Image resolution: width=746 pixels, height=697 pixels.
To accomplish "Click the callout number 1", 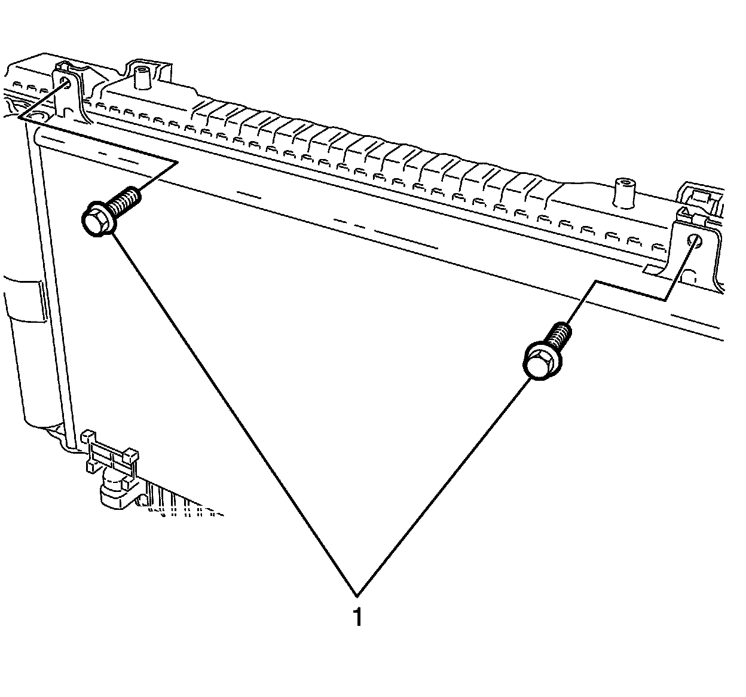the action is tap(357, 617).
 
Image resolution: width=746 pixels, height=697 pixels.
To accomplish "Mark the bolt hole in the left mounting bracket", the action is tap(68, 83).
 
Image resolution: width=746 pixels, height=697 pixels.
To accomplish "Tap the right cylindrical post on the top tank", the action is tap(624, 192).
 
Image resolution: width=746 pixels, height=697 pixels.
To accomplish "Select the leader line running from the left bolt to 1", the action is tap(233, 412).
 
